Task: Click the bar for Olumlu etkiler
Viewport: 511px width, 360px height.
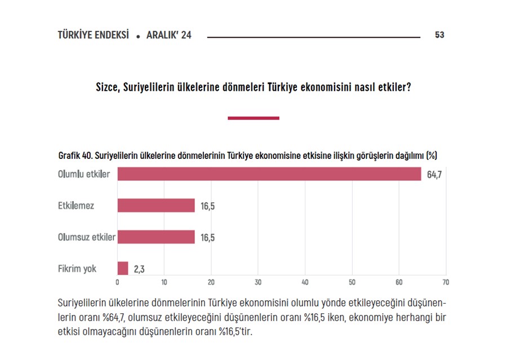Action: pyautogui.click(x=269, y=174)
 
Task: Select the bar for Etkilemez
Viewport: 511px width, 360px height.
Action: pyautogui.click(x=156, y=206)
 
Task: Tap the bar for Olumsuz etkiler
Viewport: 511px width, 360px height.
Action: pyautogui.click(x=156, y=237)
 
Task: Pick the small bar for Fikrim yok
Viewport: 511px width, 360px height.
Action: pyautogui.click(x=123, y=269)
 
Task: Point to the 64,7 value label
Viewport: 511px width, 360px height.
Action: pyautogui.click(x=434, y=175)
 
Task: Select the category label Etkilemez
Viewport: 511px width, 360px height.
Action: pyautogui.click(x=76, y=206)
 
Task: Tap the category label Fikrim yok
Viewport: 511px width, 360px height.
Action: pyautogui.click(x=77, y=269)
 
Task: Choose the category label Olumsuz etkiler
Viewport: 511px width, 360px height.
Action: pyautogui.click(x=87, y=237)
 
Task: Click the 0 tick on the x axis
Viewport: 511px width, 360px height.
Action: pyautogui.click(x=117, y=282)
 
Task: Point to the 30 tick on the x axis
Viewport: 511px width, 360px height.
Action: pyautogui.click(x=258, y=282)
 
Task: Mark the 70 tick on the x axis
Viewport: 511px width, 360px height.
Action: pyautogui.click(x=446, y=282)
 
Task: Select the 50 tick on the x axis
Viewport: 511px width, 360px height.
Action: pyautogui.click(x=352, y=282)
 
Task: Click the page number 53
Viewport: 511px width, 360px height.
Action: pyautogui.click(x=439, y=35)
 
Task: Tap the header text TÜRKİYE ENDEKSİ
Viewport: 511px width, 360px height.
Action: pyautogui.click(x=94, y=35)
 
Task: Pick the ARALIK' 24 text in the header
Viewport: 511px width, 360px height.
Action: pyautogui.click(x=168, y=35)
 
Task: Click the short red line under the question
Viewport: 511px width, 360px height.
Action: pyautogui.click(x=254, y=118)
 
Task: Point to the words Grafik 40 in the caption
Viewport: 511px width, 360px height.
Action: pyautogui.click(x=72, y=155)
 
